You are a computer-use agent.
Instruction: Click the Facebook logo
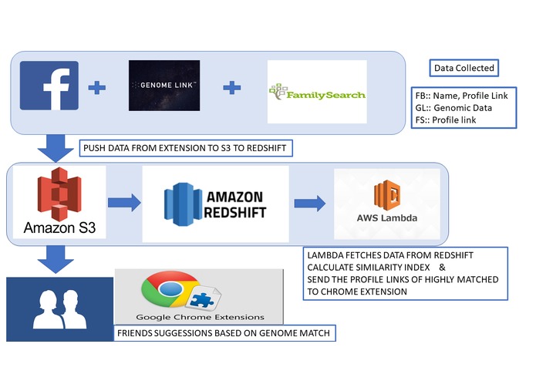click(49, 86)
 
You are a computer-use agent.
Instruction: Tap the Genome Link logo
click(164, 86)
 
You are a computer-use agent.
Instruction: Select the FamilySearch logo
click(317, 92)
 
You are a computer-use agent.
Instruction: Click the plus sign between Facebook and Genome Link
click(97, 87)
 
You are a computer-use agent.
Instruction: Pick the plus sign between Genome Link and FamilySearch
click(232, 87)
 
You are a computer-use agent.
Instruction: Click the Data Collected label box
click(464, 68)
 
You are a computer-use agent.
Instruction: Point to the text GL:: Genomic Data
click(453, 108)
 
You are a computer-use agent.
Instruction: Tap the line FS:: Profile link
click(446, 120)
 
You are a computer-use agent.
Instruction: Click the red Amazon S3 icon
click(59, 194)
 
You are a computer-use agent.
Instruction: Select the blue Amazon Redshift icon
click(183, 204)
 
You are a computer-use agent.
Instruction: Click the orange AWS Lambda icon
click(387, 195)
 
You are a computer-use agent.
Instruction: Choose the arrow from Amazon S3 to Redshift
click(124, 203)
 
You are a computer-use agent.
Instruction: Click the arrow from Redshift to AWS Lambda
click(310, 204)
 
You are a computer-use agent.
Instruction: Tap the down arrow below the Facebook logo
click(56, 148)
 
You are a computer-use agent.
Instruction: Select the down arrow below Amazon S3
click(56, 260)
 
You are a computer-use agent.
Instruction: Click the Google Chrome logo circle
click(170, 289)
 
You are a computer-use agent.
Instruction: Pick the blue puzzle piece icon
click(202, 300)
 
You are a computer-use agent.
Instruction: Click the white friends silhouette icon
click(60, 309)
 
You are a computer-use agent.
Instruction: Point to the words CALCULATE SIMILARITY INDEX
click(369, 267)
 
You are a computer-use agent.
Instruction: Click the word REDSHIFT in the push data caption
click(266, 148)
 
